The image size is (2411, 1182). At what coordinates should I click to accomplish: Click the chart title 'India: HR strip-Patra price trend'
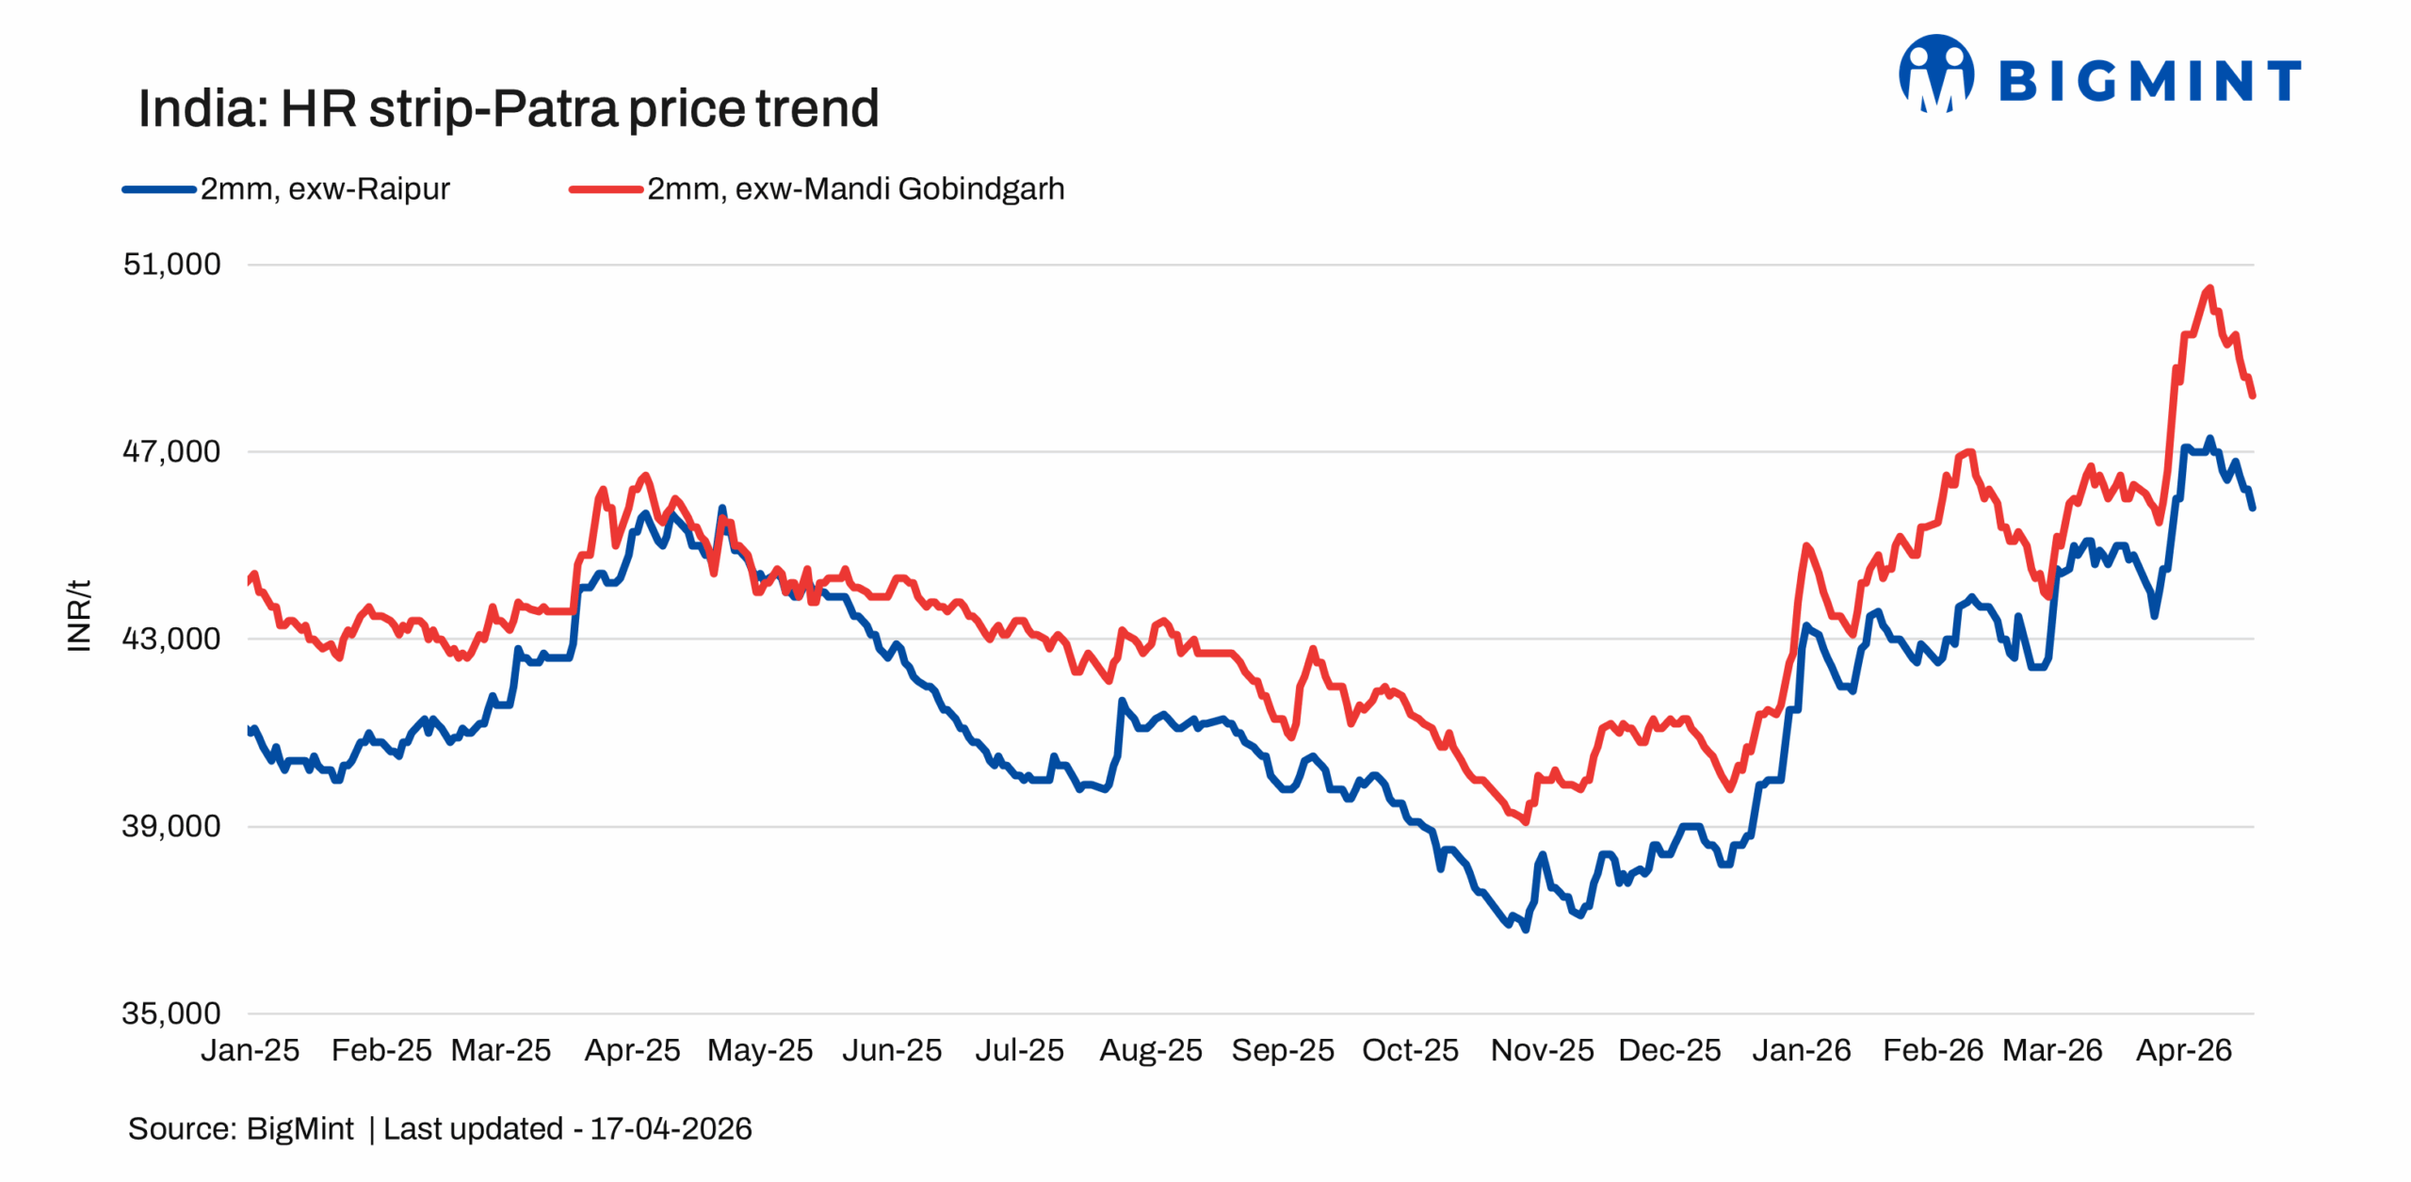[x=508, y=108]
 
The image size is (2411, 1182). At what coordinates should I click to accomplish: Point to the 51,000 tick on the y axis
[x=171, y=264]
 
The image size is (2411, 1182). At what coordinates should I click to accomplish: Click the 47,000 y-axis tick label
[x=171, y=451]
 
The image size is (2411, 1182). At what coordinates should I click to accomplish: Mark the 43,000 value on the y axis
[x=171, y=639]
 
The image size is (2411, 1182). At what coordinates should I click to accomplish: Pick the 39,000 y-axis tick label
[x=171, y=826]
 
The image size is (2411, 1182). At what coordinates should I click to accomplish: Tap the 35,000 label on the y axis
[x=171, y=1013]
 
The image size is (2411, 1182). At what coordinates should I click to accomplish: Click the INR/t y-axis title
[x=79, y=615]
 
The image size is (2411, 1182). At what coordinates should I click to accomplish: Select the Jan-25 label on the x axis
[x=250, y=1050]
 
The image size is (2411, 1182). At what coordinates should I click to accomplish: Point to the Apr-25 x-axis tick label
[x=632, y=1050]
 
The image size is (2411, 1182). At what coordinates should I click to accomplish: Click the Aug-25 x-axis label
[x=1150, y=1050]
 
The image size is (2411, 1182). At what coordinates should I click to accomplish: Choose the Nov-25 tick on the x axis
[x=1542, y=1050]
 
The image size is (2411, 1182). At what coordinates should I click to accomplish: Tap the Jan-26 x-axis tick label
[x=1801, y=1050]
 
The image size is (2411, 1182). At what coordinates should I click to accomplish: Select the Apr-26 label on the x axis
[x=2183, y=1050]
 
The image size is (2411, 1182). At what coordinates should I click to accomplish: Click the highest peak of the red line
[x=2209, y=288]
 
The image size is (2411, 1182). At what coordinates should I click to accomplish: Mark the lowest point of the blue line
[x=1525, y=930]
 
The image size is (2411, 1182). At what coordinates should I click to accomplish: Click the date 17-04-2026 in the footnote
[x=671, y=1128]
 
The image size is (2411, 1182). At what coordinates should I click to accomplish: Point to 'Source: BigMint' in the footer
[x=240, y=1128]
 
